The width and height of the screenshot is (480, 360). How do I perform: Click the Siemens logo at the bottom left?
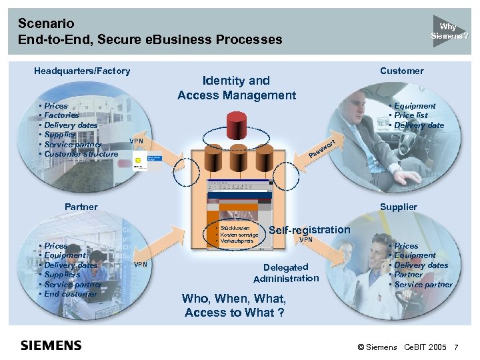tap(51, 345)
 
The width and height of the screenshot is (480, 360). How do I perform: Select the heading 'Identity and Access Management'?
tap(236, 88)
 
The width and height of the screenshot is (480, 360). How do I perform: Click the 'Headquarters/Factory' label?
tap(82, 71)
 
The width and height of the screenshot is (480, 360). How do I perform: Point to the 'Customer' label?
tap(401, 71)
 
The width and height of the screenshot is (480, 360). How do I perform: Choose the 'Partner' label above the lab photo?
tap(80, 207)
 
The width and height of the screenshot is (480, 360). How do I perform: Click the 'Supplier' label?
tap(398, 207)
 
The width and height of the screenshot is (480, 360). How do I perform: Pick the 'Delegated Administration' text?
tap(286, 273)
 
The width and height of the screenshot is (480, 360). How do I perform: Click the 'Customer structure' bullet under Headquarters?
tap(81, 154)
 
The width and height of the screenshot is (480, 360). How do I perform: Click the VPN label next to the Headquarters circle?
tap(136, 141)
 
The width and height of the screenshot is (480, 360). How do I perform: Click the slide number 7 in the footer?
tap(456, 348)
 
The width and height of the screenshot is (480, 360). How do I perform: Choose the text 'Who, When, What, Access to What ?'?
tap(233, 305)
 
